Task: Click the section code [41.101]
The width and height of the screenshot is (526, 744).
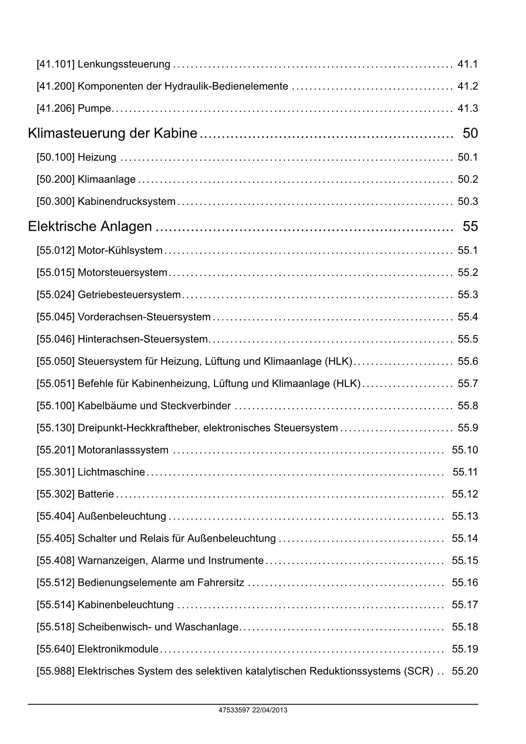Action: coord(56,64)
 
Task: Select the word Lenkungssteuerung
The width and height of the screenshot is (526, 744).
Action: coord(124,64)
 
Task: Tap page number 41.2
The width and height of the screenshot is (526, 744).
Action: coord(468,87)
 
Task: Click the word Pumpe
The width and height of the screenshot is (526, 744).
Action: coord(94,109)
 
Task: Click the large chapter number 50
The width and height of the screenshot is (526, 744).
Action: coord(470,134)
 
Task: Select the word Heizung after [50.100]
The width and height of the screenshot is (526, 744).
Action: coord(97,157)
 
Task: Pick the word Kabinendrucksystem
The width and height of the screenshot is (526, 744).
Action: coord(126,201)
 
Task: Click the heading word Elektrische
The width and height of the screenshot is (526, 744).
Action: coord(62,227)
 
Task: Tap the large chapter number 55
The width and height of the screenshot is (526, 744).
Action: coord(470,227)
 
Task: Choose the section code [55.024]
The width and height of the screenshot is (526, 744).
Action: coord(56,295)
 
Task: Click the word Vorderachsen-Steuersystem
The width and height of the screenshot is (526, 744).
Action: coord(144,317)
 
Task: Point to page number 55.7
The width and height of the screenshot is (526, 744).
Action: coord(468,384)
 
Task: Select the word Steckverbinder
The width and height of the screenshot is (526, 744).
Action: coord(195,406)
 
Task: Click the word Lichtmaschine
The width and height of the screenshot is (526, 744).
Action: coord(111,472)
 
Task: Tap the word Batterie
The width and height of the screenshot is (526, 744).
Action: coord(96,494)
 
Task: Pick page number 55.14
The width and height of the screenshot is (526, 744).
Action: coord(465,539)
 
